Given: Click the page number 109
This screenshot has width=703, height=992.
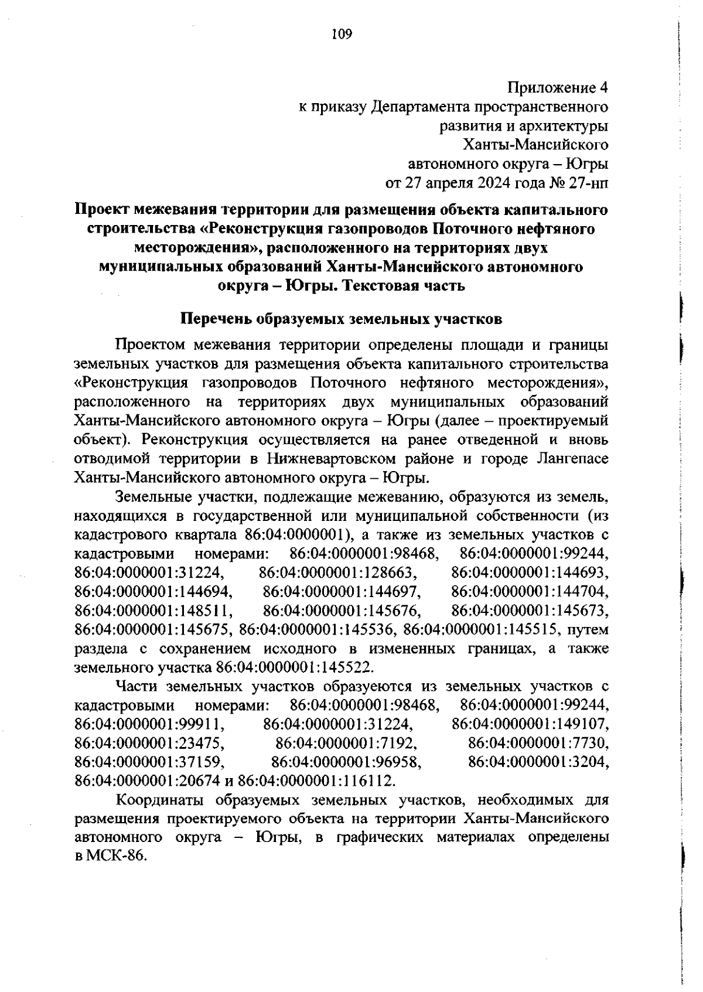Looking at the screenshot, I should pyautogui.click(x=342, y=35).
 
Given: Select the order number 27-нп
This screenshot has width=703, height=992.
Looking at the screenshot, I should pyautogui.click(x=587, y=183).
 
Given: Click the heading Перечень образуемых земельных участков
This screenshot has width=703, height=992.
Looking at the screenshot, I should pyautogui.click(x=341, y=320).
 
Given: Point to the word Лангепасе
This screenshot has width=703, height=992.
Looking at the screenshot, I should pyautogui.click(x=573, y=458).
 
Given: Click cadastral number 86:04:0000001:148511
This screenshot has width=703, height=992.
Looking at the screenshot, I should pyautogui.click(x=154, y=611).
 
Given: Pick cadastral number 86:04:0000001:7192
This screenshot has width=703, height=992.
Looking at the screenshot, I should pyautogui.click(x=346, y=744).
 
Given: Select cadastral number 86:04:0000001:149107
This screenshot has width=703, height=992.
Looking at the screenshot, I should pyautogui.click(x=530, y=725).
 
